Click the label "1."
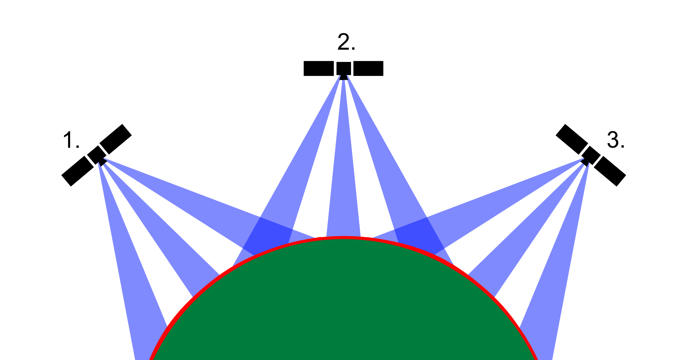pos(71,140)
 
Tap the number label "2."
pos(346,42)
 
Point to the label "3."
pos(616,140)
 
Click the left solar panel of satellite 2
pos(319,68)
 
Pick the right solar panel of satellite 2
pos(368,68)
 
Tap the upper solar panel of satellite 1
pos(115,139)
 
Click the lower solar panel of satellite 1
pos(78,171)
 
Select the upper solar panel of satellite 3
pos(572,139)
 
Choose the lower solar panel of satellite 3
pos(610,171)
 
